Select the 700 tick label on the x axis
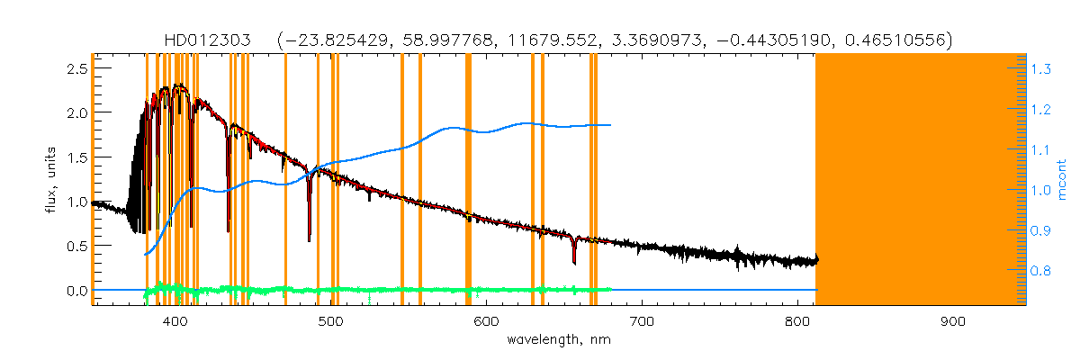point(642,321)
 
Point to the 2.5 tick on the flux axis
point(76,68)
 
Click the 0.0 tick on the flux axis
point(76,291)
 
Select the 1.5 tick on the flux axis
point(76,157)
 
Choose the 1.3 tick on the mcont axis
point(1042,68)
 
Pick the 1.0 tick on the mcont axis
point(1042,190)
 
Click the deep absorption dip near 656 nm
point(574,262)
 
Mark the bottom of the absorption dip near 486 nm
point(310,239)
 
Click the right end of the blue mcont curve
point(611,125)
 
